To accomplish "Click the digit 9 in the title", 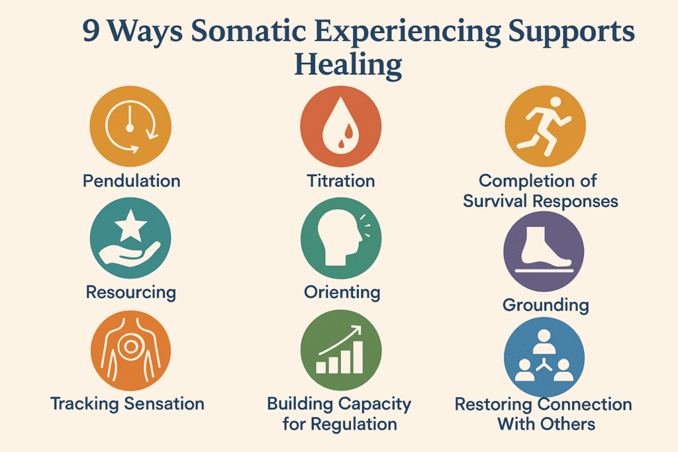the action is tap(91, 32).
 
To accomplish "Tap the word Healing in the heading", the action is tap(348, 66).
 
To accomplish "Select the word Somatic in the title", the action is tap(249, 31).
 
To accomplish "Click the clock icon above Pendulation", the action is tap(130, 126).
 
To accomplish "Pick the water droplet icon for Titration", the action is tap(341, 126).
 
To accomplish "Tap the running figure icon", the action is tap(544, 126).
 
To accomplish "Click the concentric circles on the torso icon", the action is tap(130, 346).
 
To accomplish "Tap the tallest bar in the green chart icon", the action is tap(358, 357).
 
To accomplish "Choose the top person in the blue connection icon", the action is tap(544, 341).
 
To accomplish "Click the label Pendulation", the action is tap(132, 181).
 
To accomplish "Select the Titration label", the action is tap(341, 181).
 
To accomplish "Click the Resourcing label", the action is tap(131, 292).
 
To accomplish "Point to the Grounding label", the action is tap(546, 305).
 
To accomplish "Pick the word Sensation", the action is tap(164, 404).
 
